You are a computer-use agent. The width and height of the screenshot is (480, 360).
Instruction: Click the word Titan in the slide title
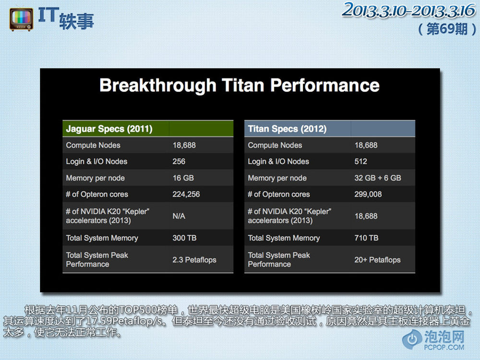pyautogui.click(x=242, y=85)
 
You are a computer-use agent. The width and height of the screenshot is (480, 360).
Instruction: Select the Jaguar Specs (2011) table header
pyautogui.click(x=109, y=129)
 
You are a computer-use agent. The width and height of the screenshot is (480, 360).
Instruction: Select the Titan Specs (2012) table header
pyautogui.click(x=287, y=129)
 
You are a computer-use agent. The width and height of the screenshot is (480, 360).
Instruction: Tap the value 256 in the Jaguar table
pyautogui.click(x=179, y=161)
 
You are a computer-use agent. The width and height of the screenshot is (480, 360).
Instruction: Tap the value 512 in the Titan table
pyautogui.click(x=360, y=161)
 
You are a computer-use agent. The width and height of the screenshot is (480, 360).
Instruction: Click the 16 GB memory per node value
pyautogui.click(x=183, y=178)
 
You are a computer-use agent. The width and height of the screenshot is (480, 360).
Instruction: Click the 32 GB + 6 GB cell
pyautogui.click(x=378, y=178)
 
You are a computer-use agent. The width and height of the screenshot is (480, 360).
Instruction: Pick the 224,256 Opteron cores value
pyautogui.click(x=186, y=194)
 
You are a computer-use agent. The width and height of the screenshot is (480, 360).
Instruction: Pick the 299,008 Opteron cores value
pyautogui.click(x=368, y=194)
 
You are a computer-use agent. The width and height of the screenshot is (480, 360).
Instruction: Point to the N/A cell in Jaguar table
pyautogui.click(x=179, y=216)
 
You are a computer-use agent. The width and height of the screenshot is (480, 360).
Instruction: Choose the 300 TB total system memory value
pyautogui.click(x=184, y=238)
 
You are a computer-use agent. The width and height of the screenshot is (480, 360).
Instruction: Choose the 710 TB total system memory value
pyautogui.click(x=366, y=238)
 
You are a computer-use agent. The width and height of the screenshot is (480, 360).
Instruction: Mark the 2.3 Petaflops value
pyautogui.click(x=194, y=260)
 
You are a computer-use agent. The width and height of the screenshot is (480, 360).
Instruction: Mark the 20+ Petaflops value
pyautogui.click(x=377, y=260)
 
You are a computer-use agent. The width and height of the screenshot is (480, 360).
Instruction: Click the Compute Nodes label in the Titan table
pyautogui.click(x=275, y=145)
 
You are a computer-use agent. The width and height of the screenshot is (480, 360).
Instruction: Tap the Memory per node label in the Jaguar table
pyautogui.click(x=95, y=178)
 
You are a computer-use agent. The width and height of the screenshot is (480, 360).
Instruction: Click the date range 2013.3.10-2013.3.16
pyautogui.click(x=409, y=10)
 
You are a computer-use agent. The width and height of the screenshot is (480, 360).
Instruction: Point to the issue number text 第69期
pyautogui.click(x=447, y=29)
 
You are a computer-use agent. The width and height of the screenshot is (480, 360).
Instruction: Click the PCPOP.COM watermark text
pyautogui.click(x=444, y=347)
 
